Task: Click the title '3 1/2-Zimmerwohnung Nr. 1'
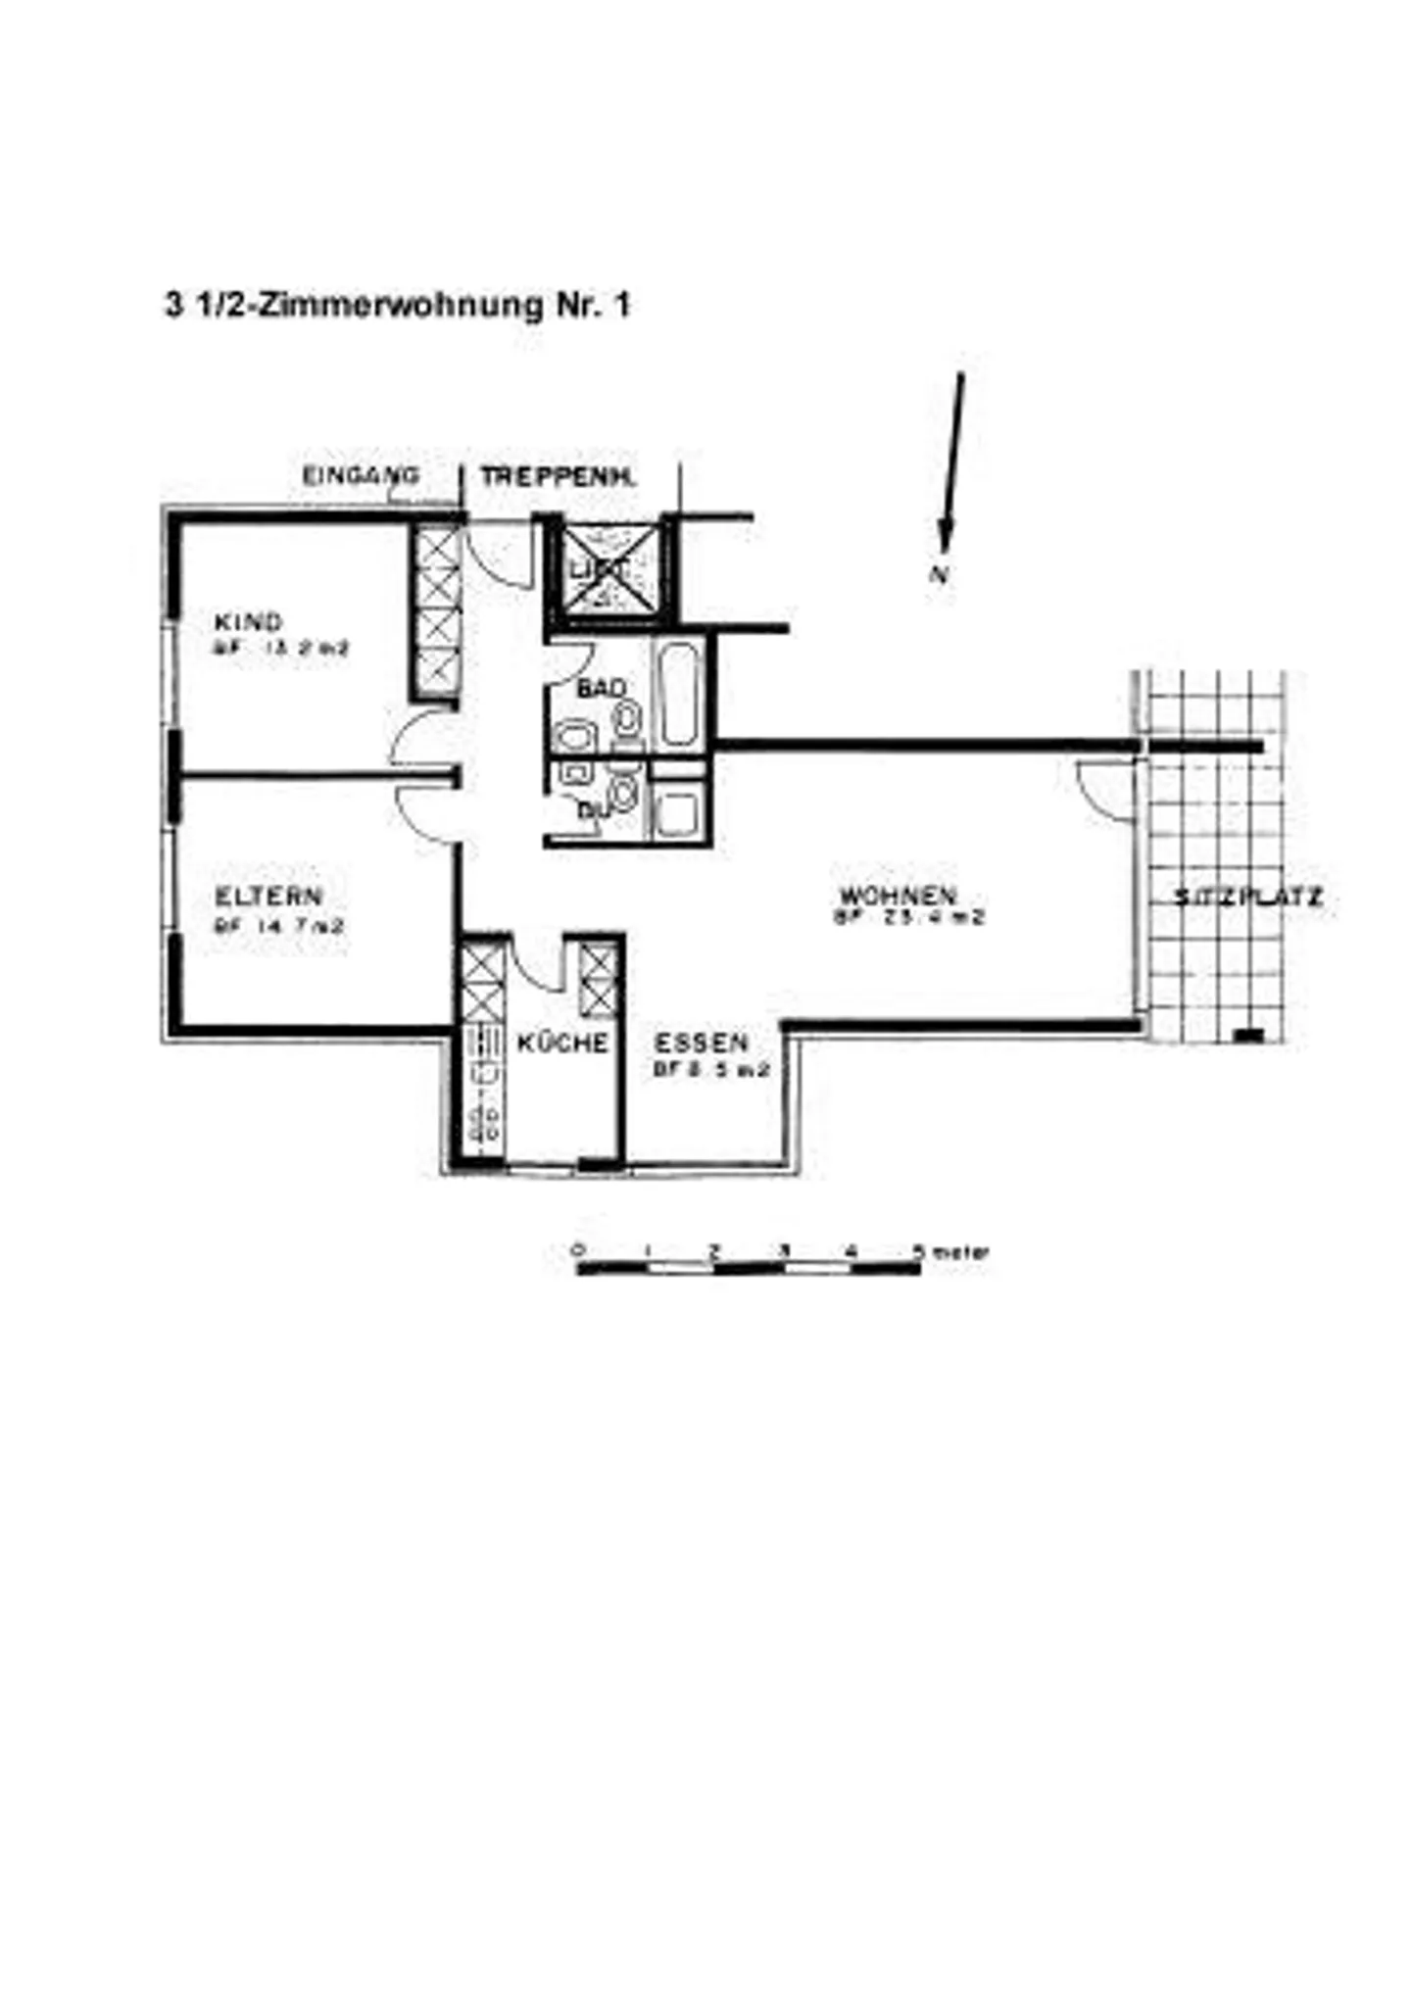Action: pyautogui.click(x=397, y=306)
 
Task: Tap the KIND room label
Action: pyautogui.click(x=248, y=621)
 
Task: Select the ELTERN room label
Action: pyautogui.click(x=268, y=896)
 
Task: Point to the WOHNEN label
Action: pyautogui.click(x=898, y=895)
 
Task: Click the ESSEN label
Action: pyautogui.click(x=701, y=1043)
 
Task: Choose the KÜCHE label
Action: pyautogui.click(x=562, y=1043)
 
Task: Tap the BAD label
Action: pyautogui.click(x=600, y=689)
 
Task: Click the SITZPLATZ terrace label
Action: pyautogui.click(x=1248, y=897)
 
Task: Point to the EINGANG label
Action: pyautogui.click(x=361, y=476)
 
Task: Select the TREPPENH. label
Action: pyautogui.click(x=558, y=477)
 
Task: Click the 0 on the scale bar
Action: pyautogui.click(x=578, y=1251)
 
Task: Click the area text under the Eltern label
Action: pyautogui.click(x=279, y=924)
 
